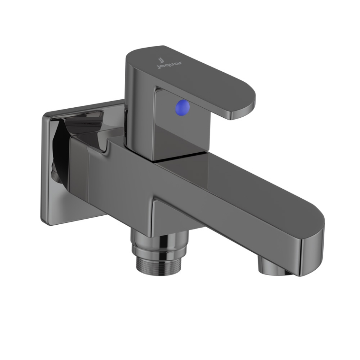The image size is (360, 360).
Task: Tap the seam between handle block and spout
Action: point(180,157)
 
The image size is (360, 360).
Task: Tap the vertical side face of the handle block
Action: point(141,112)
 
